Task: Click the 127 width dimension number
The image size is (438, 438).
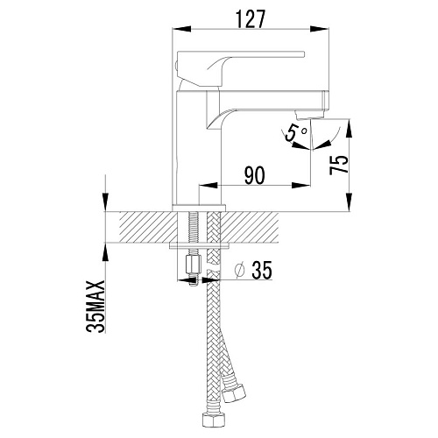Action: pos(251,19)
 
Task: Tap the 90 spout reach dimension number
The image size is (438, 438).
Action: pos(255,176)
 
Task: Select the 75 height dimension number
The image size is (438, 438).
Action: pos(339,165)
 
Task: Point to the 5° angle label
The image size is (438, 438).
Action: pos(295,133)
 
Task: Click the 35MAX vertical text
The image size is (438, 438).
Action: pos(95,307)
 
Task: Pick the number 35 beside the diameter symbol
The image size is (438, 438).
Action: pos(262,270)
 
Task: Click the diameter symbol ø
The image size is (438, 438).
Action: pos(239,270)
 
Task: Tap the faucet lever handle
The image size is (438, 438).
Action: pos(240,67)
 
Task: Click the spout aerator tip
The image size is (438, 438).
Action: pos(309,115)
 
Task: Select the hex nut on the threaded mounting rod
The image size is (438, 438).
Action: pos(194,265)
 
